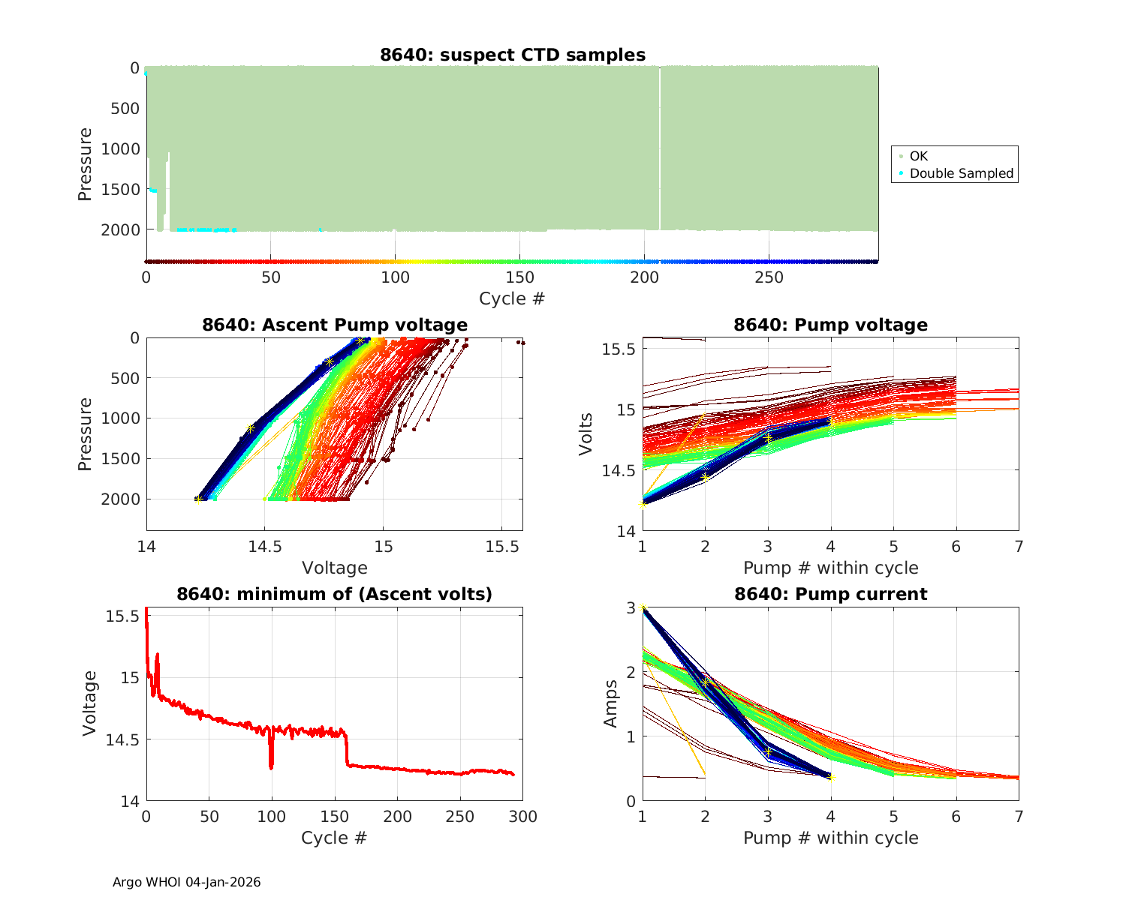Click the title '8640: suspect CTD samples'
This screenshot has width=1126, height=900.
[x=513, y=55]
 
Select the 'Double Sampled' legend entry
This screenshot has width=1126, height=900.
[x=962, y=173]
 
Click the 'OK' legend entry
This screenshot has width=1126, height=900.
[x=919, y=156]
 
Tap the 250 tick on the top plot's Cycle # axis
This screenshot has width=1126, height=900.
[x=769, y=277]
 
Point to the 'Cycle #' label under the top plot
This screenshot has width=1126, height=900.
[x=512, y=298]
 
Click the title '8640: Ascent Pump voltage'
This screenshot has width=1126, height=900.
[x=335, y=325]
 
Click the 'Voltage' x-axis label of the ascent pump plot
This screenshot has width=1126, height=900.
[x=335, y=568]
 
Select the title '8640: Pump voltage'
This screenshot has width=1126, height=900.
[x=830, y=325]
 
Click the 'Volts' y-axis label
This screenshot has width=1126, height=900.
[x=586, y=434]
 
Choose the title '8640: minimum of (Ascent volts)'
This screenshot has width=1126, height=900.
[x=335, y=594]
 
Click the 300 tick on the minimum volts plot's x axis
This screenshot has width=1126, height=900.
[x=522, y=816]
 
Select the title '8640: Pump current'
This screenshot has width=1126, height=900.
[x=830, y=594]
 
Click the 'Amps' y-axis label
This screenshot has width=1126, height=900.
[x=612, y=703]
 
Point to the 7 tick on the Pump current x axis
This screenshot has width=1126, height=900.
[x=1019, y=816]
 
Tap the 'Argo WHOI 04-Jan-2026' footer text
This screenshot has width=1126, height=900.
[x=187, y=882]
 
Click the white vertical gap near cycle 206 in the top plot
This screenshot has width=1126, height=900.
[x=660, y=150]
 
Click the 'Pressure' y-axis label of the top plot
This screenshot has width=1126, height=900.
[x=85, y=164]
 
